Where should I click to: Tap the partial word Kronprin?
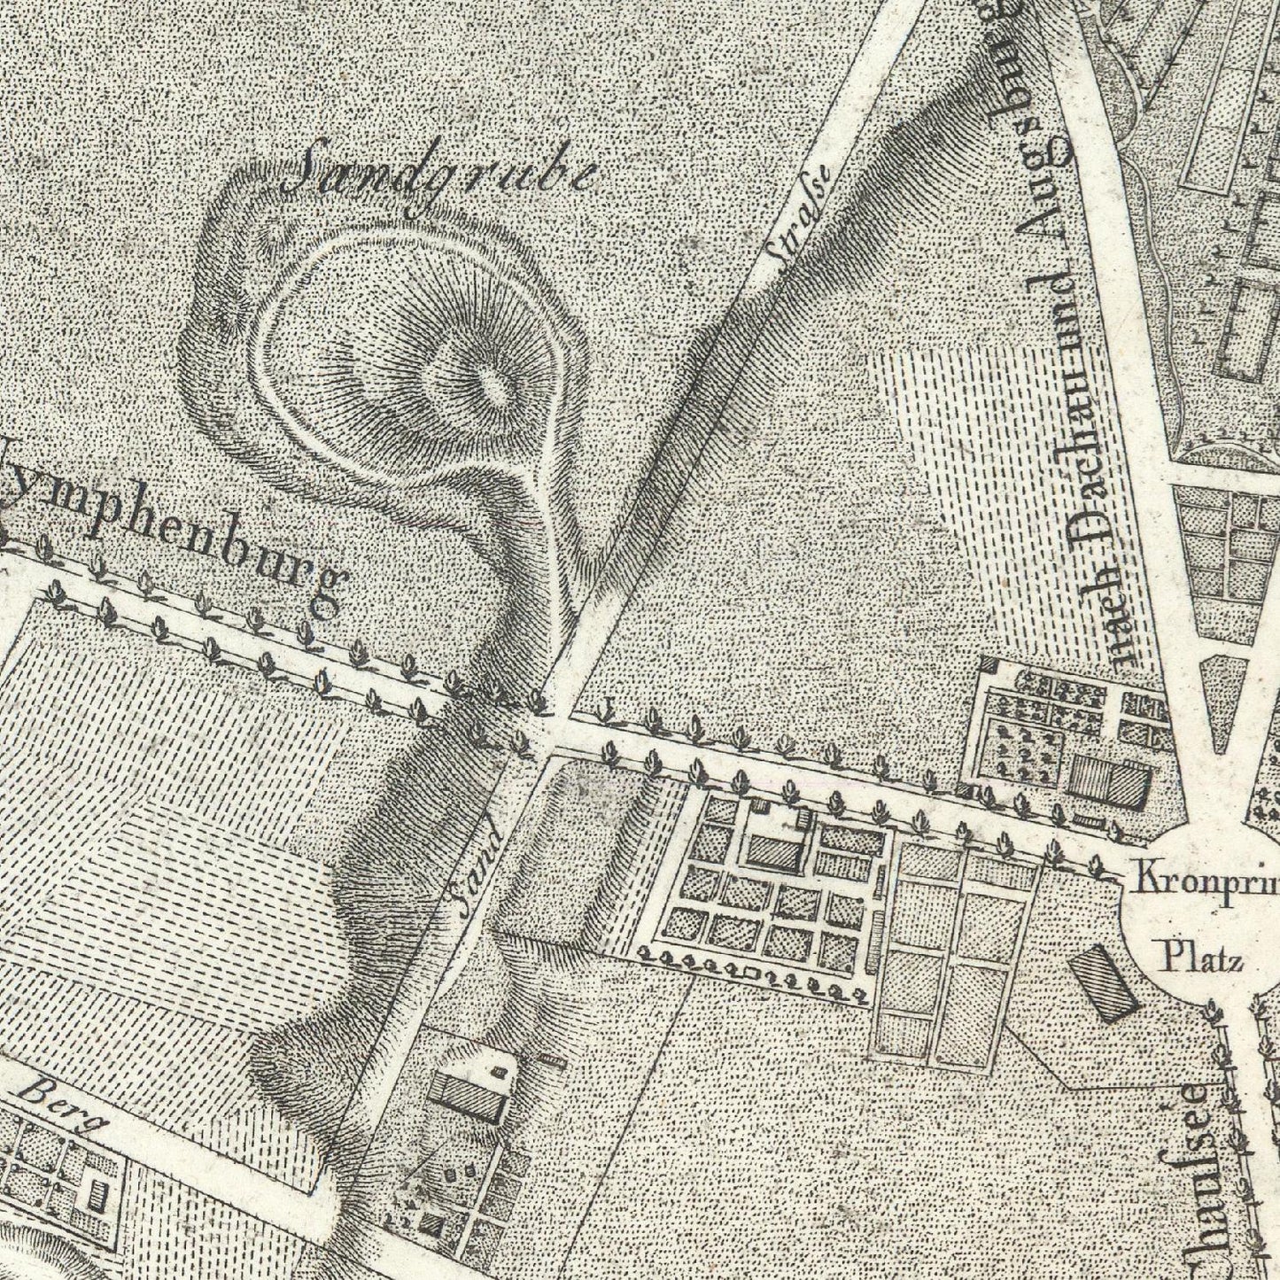point(1205,880)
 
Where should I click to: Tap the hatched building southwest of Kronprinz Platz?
point(1104,983)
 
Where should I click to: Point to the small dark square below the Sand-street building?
point(432,1224)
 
